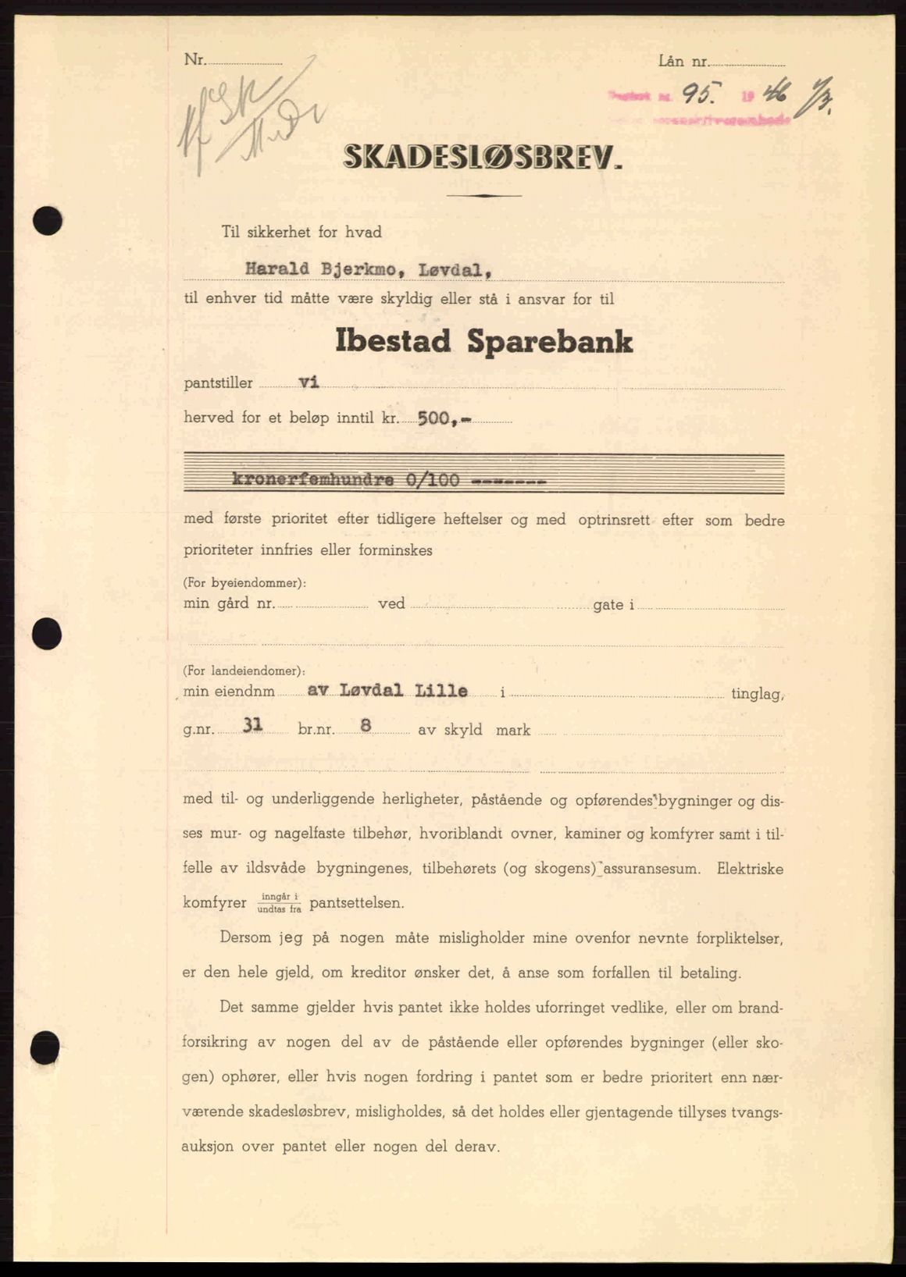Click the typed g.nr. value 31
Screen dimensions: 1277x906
(251, 725)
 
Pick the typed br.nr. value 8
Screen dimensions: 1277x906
(365, 725)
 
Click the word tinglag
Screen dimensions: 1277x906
(757, 693)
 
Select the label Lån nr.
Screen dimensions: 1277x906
(682, 59)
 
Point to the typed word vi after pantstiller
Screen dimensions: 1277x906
(309, 382)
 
